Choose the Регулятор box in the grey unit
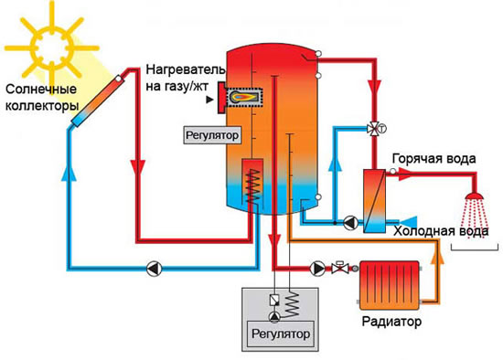coord(282,334)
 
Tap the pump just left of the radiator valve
coord(318,268)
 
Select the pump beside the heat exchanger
coord(350,220)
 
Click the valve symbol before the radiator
coord(339,268)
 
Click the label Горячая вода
coord(433,159)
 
